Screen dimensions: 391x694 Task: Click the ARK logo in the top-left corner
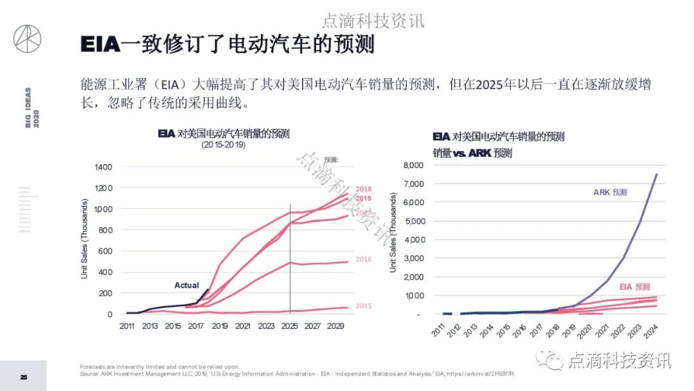(x=27, y=39)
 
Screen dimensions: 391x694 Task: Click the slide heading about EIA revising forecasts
(x=227, y=45)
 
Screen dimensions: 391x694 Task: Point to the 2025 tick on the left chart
(x=290, y=326)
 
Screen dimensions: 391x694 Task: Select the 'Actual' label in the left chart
(x=187, y=285)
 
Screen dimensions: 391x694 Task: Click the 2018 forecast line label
(x=364, y=189)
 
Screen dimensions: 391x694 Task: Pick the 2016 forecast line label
(x=364, y=259)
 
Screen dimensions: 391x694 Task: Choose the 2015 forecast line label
(x=364, y=305)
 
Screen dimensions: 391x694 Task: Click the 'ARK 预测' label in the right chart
(x=610, y=192)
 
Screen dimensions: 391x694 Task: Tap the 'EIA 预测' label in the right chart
(x=634, y=287)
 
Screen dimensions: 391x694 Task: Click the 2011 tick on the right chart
(x=439, y=333)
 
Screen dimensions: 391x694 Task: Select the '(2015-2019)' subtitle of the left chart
(x=224, y=145)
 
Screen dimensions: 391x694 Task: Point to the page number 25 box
(x=23, y=377)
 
